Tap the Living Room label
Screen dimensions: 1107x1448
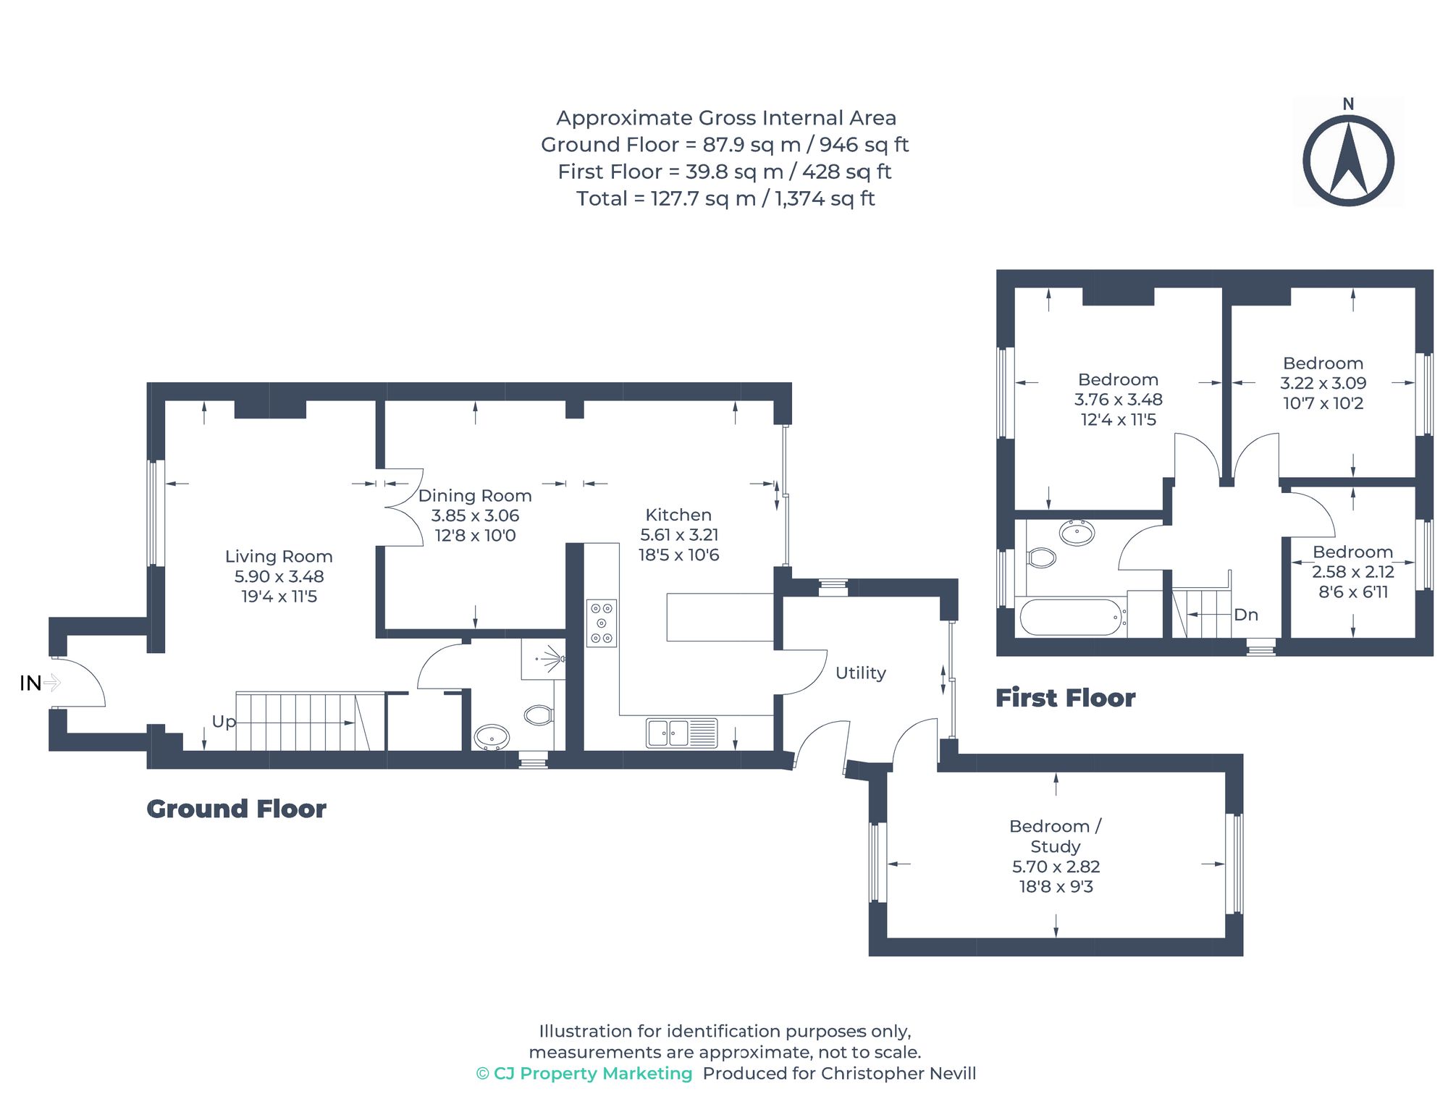(279, 556)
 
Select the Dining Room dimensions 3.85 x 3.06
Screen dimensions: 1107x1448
(475, 515)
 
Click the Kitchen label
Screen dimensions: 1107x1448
(678, 515)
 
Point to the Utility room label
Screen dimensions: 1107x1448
(860, 673)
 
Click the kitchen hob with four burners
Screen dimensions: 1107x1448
(602, 623)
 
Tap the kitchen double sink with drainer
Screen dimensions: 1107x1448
(681, 733)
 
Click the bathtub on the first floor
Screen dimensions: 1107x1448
(1071, 618)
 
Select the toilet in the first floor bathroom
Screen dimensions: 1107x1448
(1041, 557)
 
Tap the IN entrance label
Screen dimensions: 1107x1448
(30, 683)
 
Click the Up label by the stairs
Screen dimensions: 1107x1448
(224, 721)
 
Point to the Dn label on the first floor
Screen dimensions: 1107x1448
(1245, 615)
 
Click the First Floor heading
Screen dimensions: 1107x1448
(1065, 698)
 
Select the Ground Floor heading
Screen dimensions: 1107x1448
(236, 809)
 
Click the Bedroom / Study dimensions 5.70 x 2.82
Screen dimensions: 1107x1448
(1056, 867)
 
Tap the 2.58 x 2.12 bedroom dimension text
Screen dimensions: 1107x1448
(1352, 571)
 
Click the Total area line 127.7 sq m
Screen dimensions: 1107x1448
(725, 198)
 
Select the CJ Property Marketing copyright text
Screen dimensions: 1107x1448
(584, 1073)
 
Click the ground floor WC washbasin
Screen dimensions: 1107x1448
(492, 738)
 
